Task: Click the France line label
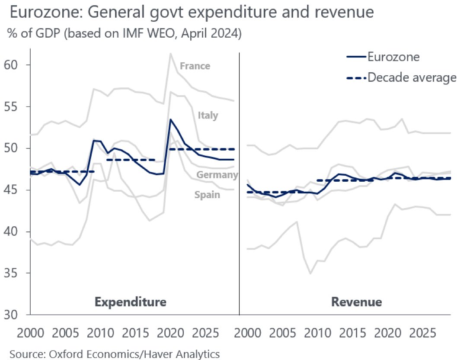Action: (195, 66)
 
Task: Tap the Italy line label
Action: (208, 116)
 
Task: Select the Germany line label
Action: (217, 175)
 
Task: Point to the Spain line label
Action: (207, 195)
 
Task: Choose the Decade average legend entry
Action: (411, 77)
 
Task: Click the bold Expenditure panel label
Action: (130, 302)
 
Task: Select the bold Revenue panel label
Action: (356, 302)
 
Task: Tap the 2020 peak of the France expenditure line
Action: (170, 53)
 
